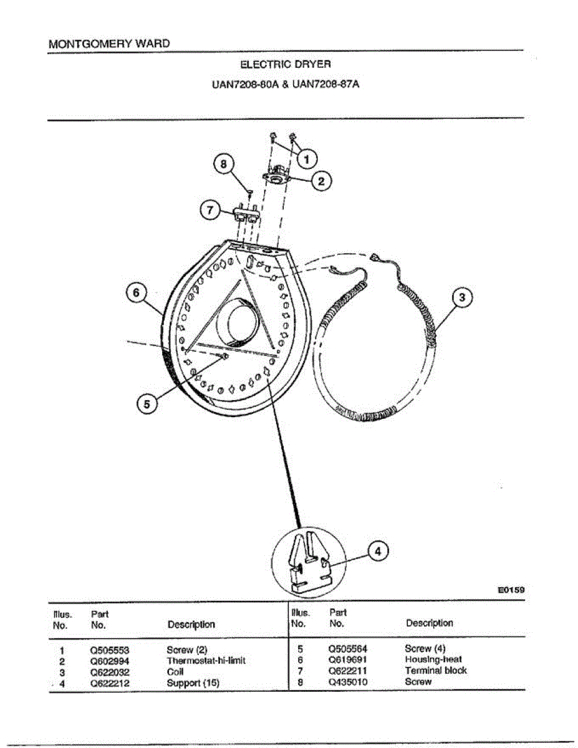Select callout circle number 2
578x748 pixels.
321,181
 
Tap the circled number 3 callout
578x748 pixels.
461,297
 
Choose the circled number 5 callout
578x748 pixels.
147,404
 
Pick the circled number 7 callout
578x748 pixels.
210,209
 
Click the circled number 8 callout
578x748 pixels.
223,165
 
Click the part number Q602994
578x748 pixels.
110,660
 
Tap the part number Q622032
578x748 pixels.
110,671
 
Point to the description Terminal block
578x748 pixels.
435,671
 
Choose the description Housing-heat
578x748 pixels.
433,659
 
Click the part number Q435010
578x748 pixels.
348,682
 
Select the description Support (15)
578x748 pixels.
193,683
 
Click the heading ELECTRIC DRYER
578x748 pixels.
286,64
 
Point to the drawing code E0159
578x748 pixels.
511,588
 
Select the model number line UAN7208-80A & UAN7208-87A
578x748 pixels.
286,83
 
